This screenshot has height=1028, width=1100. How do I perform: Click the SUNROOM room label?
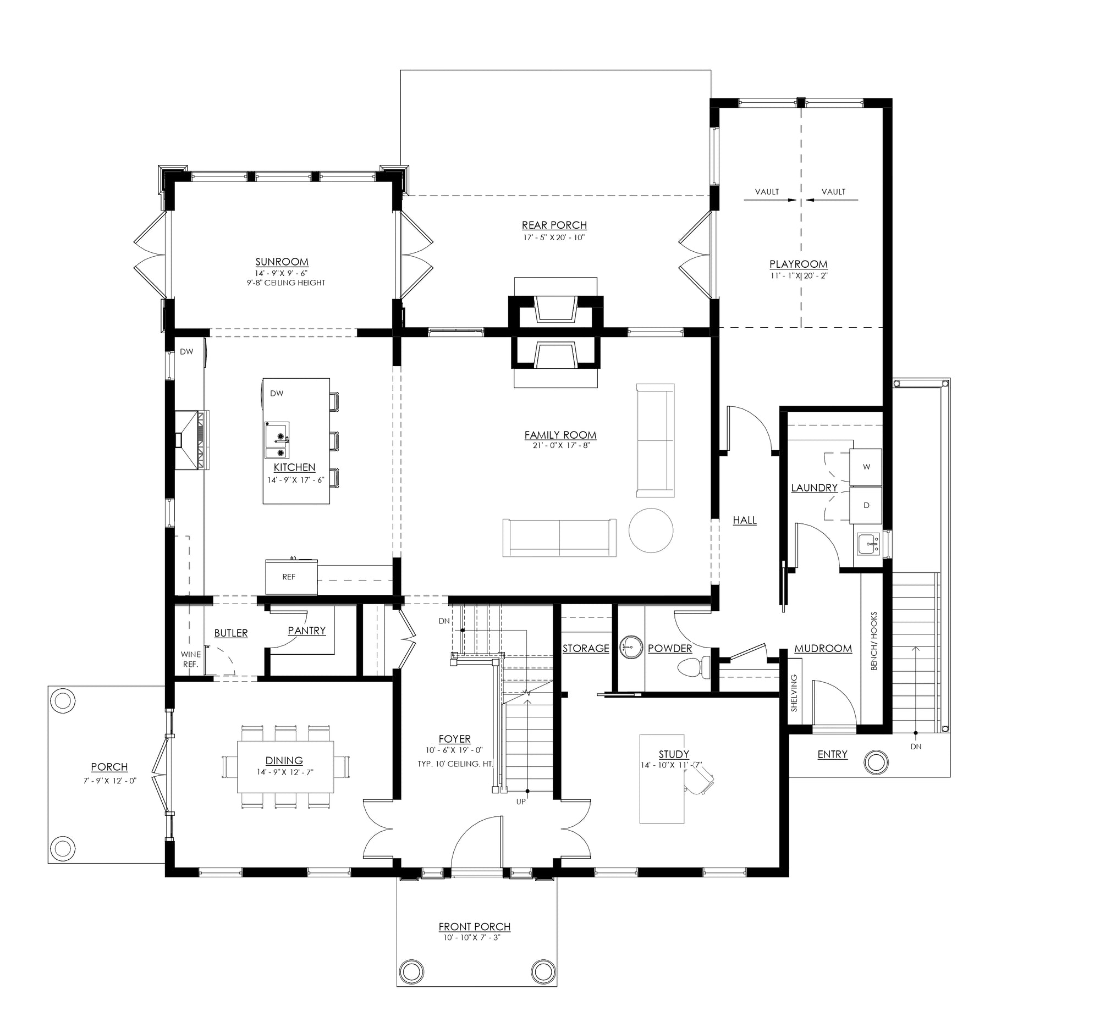coord(282,262)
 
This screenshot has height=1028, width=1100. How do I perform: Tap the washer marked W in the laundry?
coord(866,467)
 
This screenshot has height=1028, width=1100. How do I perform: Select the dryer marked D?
coord(866,505)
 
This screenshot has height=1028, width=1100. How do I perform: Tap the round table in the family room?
coord(651,530)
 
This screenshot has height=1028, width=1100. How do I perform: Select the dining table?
coord(285,767)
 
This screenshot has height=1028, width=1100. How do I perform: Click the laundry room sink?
coord(869,545)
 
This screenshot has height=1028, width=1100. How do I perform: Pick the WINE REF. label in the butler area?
coord(190,659)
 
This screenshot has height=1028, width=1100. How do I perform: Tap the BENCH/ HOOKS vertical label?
coord(875,640)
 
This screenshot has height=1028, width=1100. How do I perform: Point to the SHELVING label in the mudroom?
coord(794,692)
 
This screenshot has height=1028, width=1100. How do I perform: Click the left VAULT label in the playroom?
coord(767,192)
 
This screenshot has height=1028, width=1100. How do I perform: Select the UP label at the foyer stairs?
coord(521,802)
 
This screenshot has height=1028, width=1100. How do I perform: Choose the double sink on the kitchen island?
coord(277,440)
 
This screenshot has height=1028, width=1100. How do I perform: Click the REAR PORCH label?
coord(554,225)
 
